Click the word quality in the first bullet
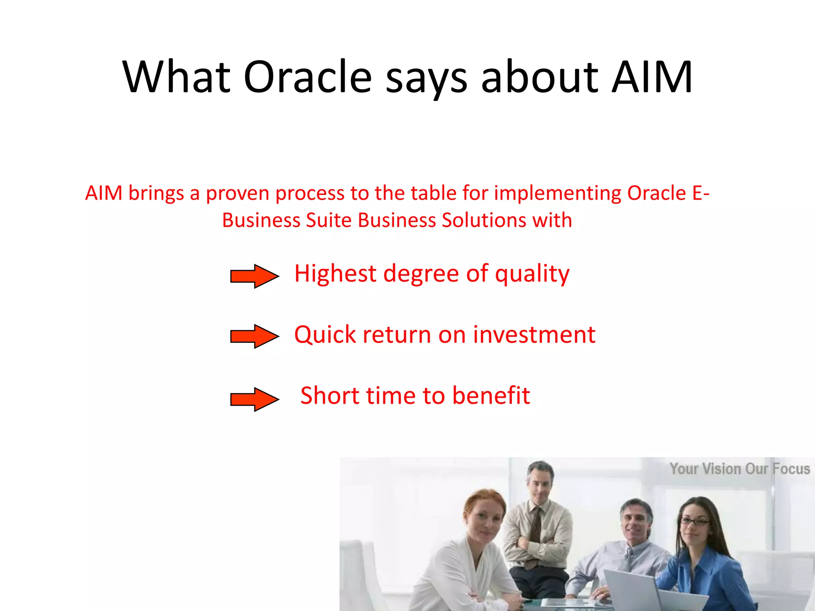point(532,274)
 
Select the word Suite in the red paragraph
point(329,220)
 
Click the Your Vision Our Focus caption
point(739,469)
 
